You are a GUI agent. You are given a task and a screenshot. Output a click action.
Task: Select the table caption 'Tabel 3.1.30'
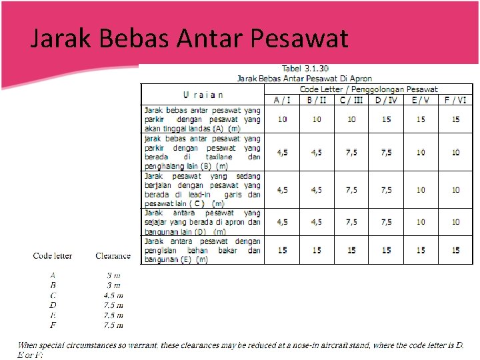[x=306, y=68]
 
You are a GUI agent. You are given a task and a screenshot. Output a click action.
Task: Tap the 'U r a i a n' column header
[x=203, y=94]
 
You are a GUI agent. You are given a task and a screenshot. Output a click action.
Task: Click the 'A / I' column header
[x=282, y=99]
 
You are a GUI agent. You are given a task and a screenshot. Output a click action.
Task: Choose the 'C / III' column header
[x=351, y=99]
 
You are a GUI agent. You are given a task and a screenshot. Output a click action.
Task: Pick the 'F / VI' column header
[x=455, y=99]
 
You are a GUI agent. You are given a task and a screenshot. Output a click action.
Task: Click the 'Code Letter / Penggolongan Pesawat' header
[x=369, y=89]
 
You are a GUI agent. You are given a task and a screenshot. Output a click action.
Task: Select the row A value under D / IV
[x=386, y=119]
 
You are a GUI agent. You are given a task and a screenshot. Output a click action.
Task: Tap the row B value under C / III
[x=351, y=152]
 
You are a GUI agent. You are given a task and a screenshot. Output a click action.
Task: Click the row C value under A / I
[x=283, y=190]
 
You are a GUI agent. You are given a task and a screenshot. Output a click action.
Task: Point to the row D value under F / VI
[x=455, y=222]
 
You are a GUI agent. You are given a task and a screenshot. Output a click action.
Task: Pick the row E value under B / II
[x=317, y=250]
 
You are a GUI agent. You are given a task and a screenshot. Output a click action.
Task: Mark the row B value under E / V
[x=421, y=152]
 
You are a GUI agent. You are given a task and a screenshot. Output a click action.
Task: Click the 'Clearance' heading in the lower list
[x=113, y=255]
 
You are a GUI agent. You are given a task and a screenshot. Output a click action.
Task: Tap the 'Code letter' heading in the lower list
[x=53, y=255]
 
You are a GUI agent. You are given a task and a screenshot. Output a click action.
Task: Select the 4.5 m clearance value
[x=113, y=295]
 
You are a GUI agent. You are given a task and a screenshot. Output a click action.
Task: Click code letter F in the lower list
[x=53, y=325]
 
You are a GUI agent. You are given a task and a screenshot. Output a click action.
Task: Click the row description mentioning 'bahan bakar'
[x=203, y=250]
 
